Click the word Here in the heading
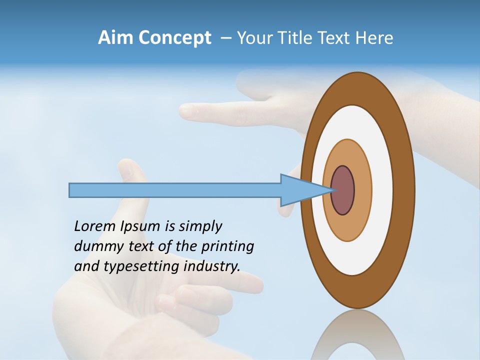pyautogui.click(x=374, y=38)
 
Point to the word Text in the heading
pyautogui.click(x=336, y=38)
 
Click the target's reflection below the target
pyautogui.click(x=357, y=337)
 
